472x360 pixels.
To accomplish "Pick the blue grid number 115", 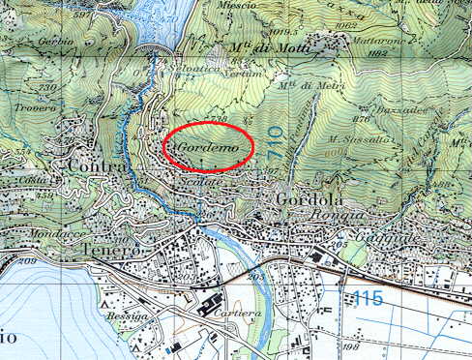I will click(368, 297).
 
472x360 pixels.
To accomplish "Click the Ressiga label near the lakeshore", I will click(126, 315).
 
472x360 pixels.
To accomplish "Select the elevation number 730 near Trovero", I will click(45, 87).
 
